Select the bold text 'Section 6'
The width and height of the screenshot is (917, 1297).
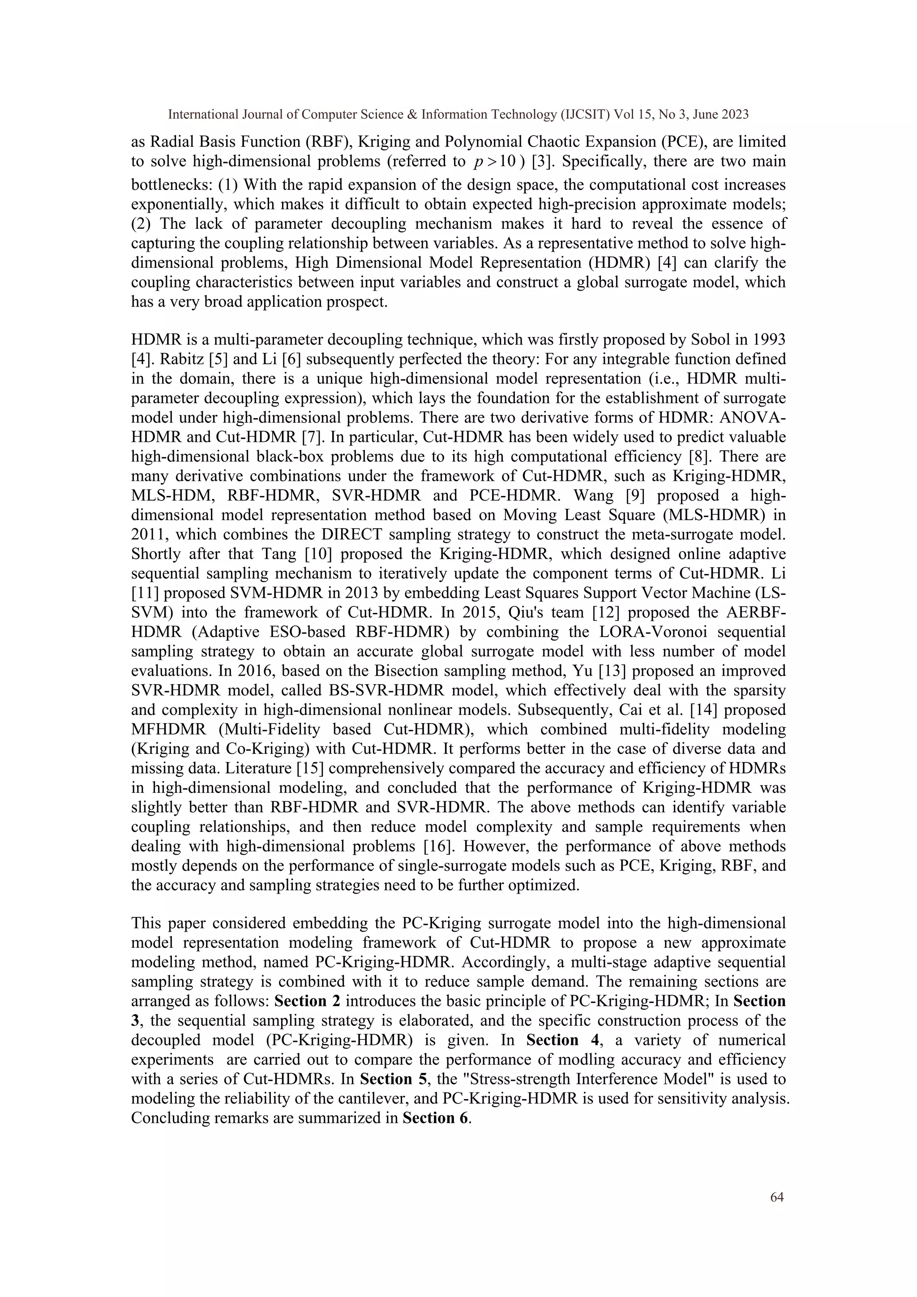[435, 1118]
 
